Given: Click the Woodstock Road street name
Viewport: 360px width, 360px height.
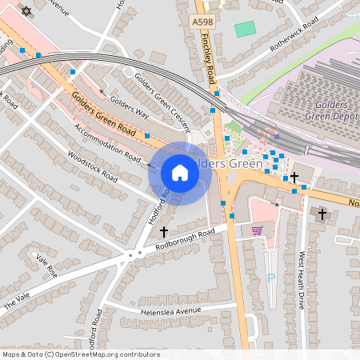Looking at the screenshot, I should [93, 166].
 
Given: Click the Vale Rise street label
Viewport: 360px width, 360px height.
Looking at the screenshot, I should [47, 266].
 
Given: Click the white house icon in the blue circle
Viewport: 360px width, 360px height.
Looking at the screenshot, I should [180, 173].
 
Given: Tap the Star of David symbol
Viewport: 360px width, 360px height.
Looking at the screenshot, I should [26, 11].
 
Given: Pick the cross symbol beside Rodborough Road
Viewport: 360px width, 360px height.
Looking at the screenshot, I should [164, 231].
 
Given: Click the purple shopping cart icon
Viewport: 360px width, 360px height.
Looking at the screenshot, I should [257, 230].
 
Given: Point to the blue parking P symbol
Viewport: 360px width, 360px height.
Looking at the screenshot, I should [270, 278].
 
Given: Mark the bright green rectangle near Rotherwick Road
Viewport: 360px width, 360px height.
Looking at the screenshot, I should [245, 29].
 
